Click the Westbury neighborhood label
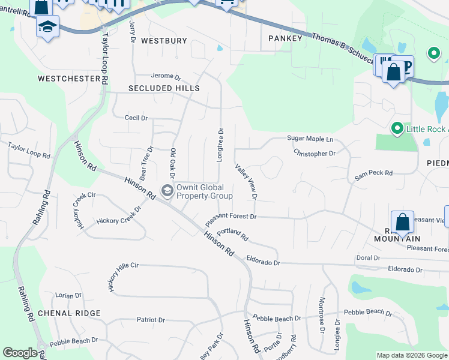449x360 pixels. (164, 41)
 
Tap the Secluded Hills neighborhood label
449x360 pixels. (164, 88)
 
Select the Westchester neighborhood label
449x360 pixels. (68, 79)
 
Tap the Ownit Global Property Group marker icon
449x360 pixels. (167, 191)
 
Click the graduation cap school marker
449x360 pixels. (47, 26)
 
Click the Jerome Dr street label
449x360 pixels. (166, 77)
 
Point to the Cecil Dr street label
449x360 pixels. (136, 118)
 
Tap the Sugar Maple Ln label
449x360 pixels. (310, 139)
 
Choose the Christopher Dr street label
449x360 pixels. (315, 153)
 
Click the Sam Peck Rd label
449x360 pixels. (373, 173)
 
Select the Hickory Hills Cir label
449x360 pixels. (123, 276)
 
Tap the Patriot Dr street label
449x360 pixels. (151, 320)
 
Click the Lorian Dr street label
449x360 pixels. (68, 296)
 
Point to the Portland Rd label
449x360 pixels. (232, 233)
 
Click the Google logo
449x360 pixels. (20, 353)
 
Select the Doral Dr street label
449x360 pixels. (368, 257)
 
